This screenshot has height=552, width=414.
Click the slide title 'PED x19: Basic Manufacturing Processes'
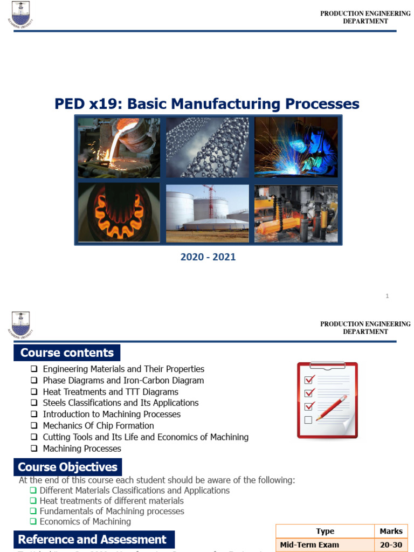click(207, 103)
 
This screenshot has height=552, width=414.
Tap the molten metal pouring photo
click(119, 148)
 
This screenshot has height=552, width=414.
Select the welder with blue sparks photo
click(296, 148)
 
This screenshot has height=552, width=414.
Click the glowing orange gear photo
click(119, 213)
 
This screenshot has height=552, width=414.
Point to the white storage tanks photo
click(208, 213)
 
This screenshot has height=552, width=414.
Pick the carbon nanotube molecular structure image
click(208, 148)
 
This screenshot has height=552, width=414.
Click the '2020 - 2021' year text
click(208, 257)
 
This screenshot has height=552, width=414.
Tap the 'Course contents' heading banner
click(67, 353)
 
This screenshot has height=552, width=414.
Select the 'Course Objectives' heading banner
click(67, 467)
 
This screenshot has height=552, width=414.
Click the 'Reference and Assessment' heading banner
click(92, 540)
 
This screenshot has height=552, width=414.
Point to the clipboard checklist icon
click(327, 400)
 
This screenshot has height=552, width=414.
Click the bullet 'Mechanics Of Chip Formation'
click(98, 426)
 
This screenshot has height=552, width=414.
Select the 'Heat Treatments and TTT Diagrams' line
click(111, 392)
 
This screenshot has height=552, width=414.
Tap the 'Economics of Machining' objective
click(85, 521)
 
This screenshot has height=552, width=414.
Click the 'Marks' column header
click(391, 531)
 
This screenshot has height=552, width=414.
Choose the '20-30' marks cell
click(391, 545)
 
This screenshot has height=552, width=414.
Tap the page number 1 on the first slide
click(387, 296)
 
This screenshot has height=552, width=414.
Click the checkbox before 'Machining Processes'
click(33, 448)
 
